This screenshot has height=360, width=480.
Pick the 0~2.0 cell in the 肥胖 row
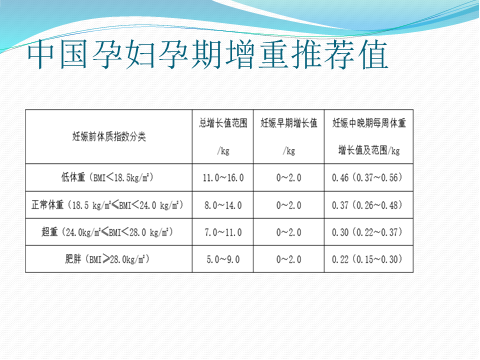(x=288, y=259)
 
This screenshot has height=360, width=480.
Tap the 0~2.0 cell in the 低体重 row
(x=288, y=177)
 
